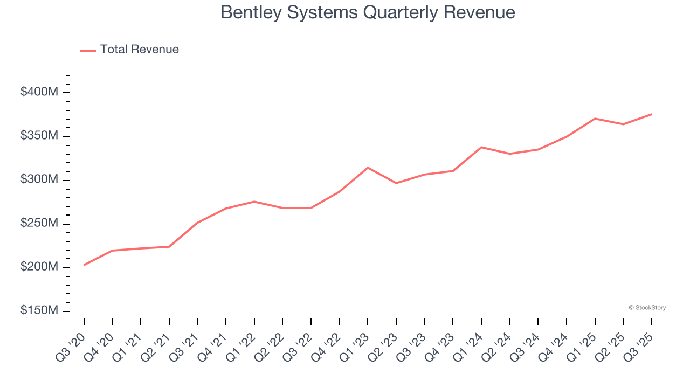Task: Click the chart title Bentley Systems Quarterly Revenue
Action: pyautogui.click(x=368, y=12)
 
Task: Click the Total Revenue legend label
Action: pyautogui.click(x=139, y=50)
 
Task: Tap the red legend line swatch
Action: pyautogui.click(x=88, y=50)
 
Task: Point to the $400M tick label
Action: pyautogui.click(x=39, y=92)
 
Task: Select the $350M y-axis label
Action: pyautogui.click(x=39, y=136)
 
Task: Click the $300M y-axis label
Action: pyautogui.click(x=39, y=179)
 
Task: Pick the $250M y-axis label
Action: pyautogui.click(x=39, y=224)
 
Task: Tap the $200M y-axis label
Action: pyautogui.click(x=39, y=267)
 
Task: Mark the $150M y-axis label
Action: pyautogui.click(x=39, y=311)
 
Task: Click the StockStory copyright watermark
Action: pyautogui.click(x=647, y=308)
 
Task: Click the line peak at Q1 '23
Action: pyautogui.click(x=368, y=168)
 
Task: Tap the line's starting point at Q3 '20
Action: pyautogui.click(x=84, y=265)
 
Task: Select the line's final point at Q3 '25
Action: pyautogui.click(x=652, y=114)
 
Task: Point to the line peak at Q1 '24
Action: pyautogui.click(x=481, y=147)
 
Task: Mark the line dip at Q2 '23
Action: pyautogui.click(x=396, y=183)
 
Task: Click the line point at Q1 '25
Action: pyautogui.click(x=595, y=119)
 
